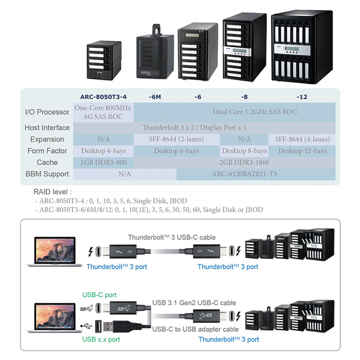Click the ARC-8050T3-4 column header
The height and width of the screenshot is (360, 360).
click(103, 96)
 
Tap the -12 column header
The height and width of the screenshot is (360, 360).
click(301, 96)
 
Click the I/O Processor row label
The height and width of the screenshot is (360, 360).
click(47, 112)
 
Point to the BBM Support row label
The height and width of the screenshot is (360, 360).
click(47, 174)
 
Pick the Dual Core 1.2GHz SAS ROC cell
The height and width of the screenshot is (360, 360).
click(255, 112)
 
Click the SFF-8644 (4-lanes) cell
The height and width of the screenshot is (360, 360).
click(302, 139)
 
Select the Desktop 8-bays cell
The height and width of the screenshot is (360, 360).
click(244, 151)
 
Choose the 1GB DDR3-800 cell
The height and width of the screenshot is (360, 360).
click(103, 163)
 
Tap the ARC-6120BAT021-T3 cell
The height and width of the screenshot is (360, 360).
click(244, 174)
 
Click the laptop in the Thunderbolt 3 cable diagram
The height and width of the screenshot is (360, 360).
click(54, 251)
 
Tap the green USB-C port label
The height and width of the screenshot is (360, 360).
click(99, 295)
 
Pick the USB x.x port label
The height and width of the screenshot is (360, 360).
click(101, 339)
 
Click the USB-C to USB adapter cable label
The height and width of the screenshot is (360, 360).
click(195, 329)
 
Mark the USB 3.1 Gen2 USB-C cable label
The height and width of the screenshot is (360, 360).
click(194, 303)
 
